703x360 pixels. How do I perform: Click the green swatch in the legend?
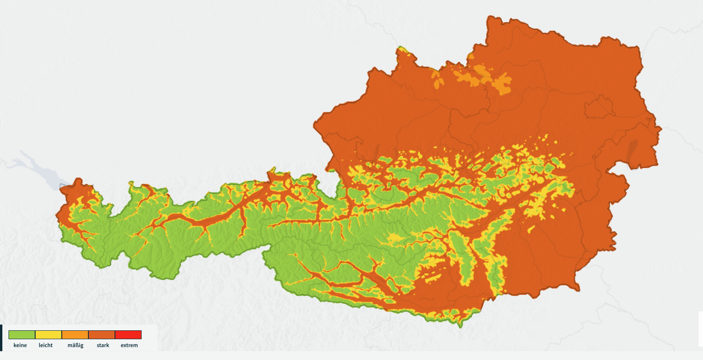22,335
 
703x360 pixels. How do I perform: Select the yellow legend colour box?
48,335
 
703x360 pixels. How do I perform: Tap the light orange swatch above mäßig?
75,335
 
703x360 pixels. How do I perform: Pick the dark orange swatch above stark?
101,335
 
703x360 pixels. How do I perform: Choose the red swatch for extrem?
128,335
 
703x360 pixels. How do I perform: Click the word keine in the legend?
20,346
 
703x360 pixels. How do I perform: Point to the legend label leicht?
46,346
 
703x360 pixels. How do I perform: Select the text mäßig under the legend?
75,346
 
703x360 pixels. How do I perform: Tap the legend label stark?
103,346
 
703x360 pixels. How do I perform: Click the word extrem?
129,346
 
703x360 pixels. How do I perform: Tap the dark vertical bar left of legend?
1,338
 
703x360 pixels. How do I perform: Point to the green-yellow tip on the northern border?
401,49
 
